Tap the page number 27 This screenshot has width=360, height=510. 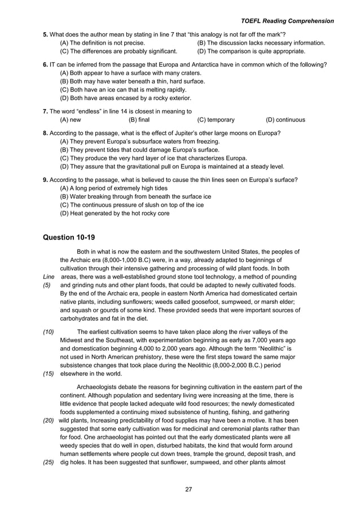188,489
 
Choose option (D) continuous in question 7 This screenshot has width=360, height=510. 285,120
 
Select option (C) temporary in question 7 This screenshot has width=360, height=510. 216,120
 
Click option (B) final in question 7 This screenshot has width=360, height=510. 139,120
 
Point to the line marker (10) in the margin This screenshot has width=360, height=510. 49,332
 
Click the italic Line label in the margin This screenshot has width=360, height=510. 49,277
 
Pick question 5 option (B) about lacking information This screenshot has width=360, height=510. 261,43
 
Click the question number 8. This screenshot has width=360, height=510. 45,133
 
